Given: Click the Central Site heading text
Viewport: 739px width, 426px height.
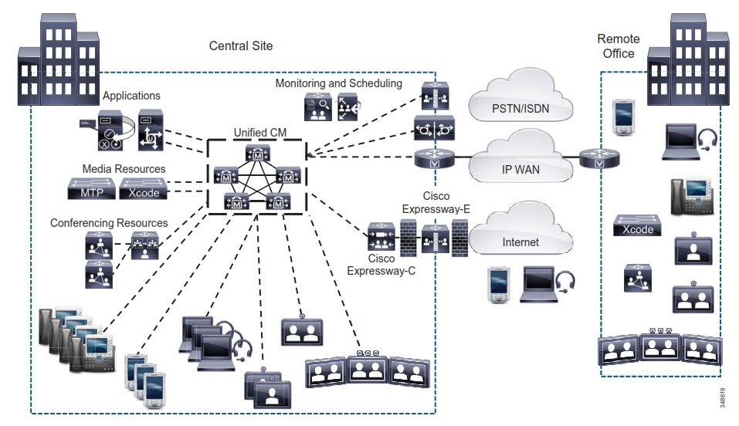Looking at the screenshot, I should click(241, 46).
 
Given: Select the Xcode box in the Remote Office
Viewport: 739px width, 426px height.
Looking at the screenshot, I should click(638, 225).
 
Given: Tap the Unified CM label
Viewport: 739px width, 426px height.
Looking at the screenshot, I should click(260, 133).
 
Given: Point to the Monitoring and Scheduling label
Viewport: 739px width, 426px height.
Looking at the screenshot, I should click(339, 83).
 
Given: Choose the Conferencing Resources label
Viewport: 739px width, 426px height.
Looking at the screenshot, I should click(109, 223).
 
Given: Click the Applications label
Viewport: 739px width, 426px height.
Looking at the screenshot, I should click(131, 96).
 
